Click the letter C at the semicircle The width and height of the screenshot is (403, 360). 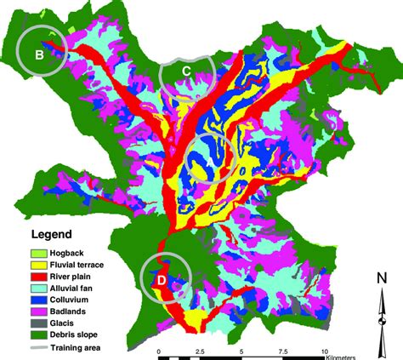(186, 71)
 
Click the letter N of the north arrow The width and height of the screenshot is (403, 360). (383, 277)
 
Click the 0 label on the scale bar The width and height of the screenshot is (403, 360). (159, 351)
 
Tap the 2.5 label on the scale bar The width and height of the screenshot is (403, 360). (201, 351)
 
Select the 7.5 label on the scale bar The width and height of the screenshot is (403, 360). (283, 351)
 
